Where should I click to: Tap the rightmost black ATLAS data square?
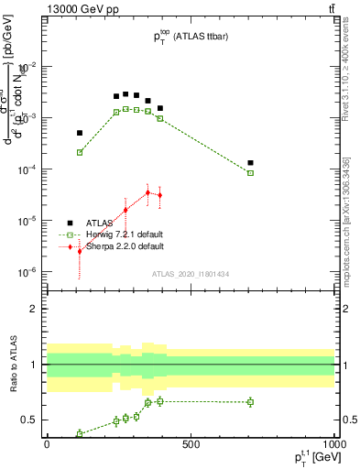coord(250,163)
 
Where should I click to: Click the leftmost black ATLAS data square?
coord(80,133)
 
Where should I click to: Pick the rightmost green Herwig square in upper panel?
coord(250,173)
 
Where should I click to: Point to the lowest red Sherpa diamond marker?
coord(80,250)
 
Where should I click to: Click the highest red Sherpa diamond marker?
coord(147,192)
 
